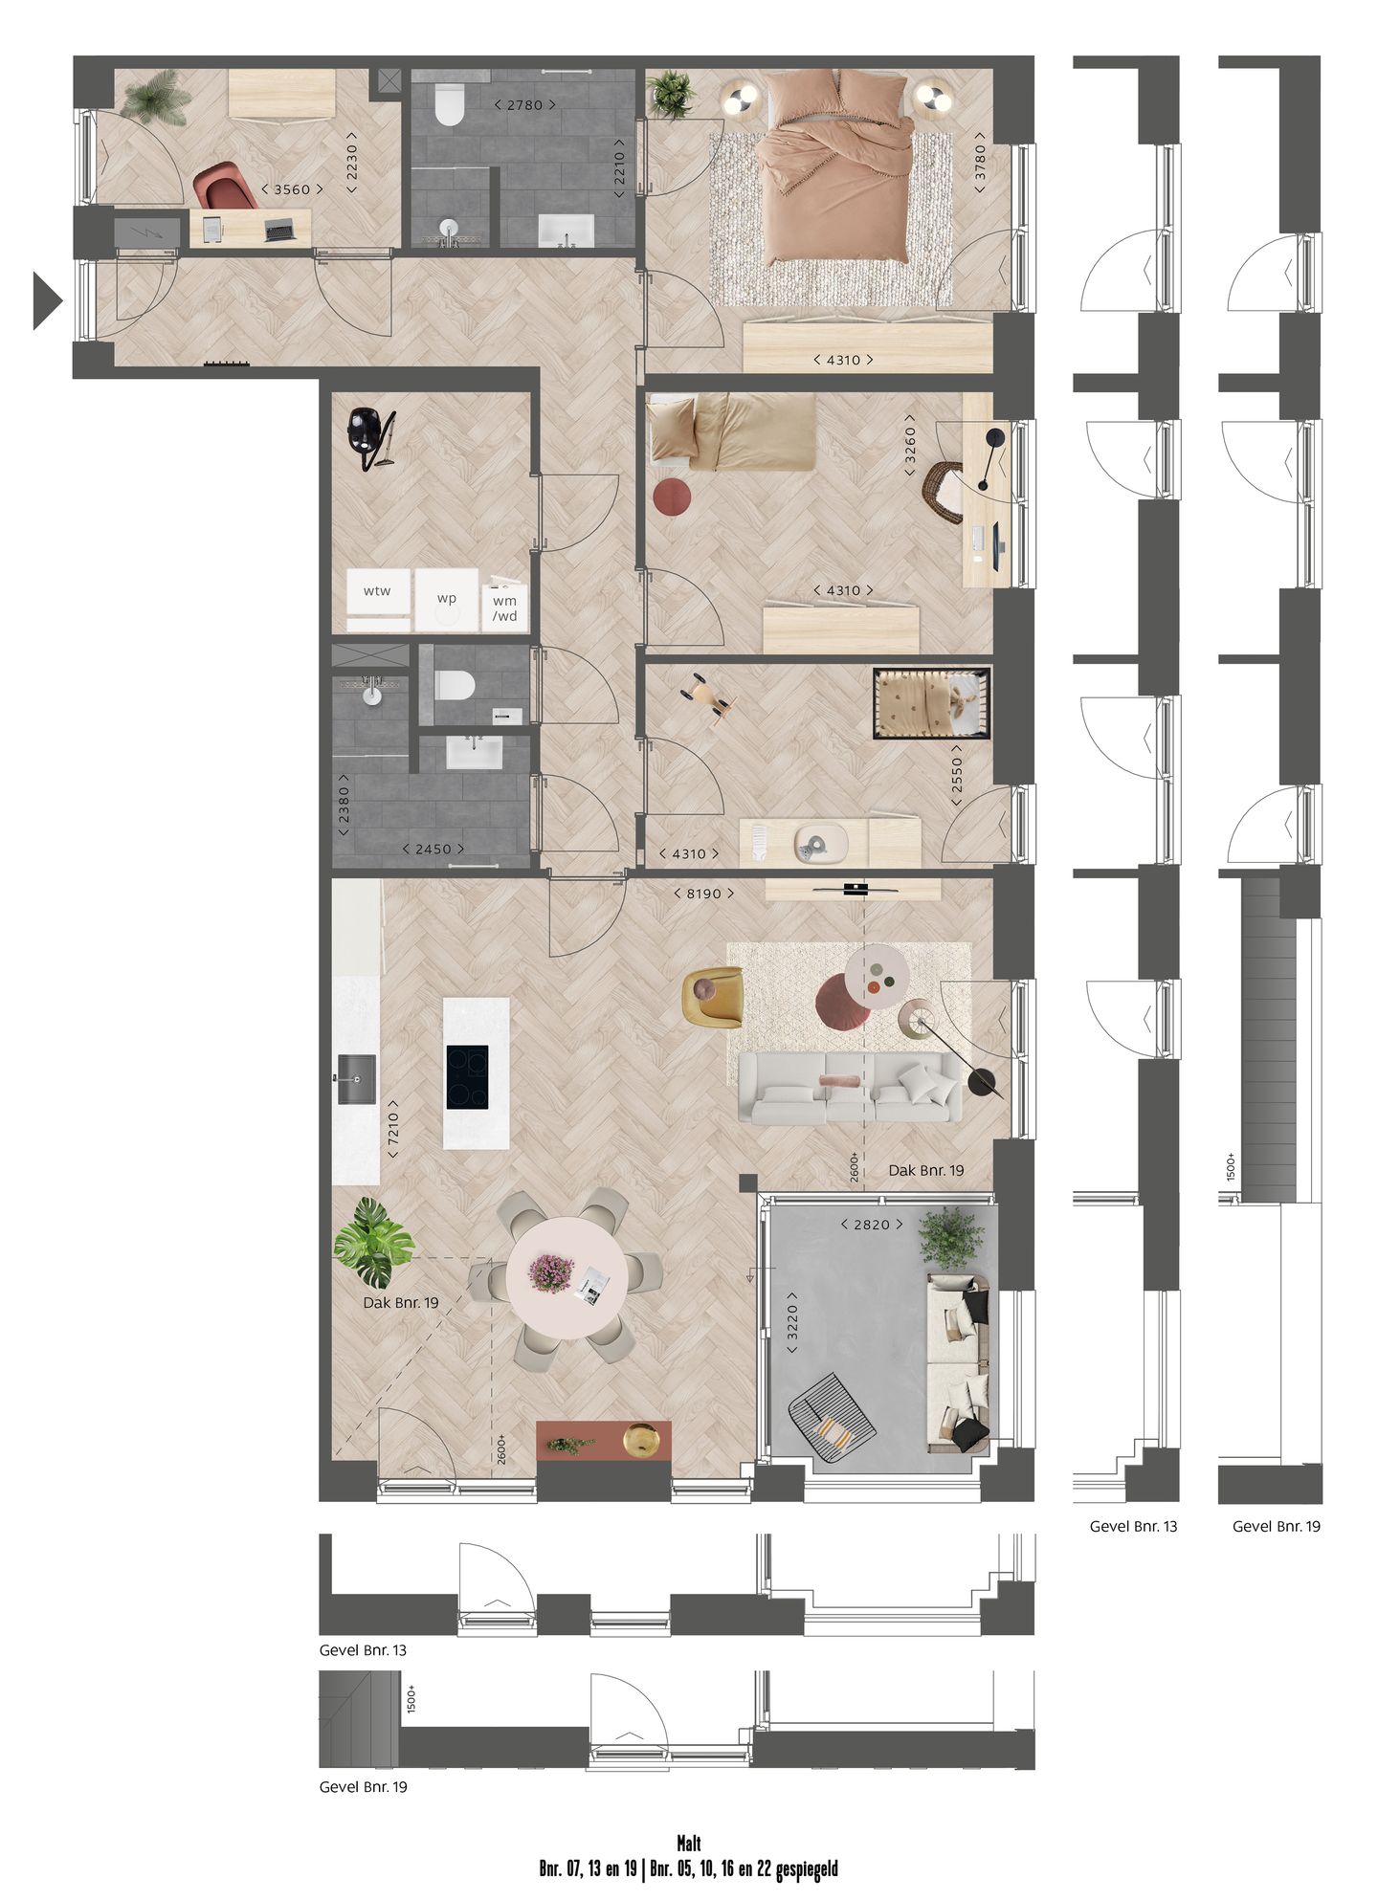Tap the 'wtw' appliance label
(x=377, y=591)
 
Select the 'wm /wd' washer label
(x=504, y=608)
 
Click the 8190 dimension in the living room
(x=703, y=894)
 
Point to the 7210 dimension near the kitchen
(x=392, y=1130)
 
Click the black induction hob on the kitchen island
(x=467, y=1076)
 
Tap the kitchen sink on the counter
(x=356, y=1078)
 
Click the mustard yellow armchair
(x=712, y=997)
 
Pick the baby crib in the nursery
(x=931, y=703)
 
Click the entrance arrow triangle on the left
(x=46, y=300)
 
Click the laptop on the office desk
(x=279, y=230)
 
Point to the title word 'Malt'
(x=688, y=1844)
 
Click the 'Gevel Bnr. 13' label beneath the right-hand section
(x=1133, y=1526)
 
